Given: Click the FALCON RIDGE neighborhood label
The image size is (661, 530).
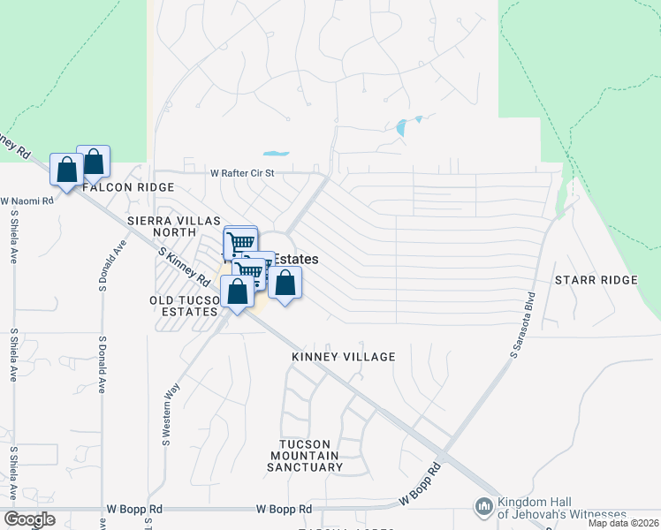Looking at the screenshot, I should (128, 187).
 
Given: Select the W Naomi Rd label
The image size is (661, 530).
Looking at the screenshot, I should (27, 201).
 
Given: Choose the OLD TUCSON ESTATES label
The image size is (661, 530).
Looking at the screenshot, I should (185, 307).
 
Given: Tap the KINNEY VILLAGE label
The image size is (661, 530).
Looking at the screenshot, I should (344, 357).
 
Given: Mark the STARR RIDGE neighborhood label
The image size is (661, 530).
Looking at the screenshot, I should (596, 280).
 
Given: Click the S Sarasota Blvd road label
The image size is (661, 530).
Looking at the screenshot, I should (522, 325).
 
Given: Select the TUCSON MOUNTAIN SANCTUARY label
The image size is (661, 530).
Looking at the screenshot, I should (305, 455).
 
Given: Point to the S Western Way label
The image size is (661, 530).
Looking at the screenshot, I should (165, 415).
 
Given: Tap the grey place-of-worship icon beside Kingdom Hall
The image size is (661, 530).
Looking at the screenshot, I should (482, 506).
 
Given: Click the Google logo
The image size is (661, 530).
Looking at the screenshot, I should (29, 519).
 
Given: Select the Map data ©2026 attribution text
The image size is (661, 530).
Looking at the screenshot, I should (623, 523).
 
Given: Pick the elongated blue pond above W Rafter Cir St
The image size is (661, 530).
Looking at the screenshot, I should (276, 152).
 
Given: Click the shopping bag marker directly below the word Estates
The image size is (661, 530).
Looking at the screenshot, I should (285, 284).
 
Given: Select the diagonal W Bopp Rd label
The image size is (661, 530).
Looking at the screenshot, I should (422, 486).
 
